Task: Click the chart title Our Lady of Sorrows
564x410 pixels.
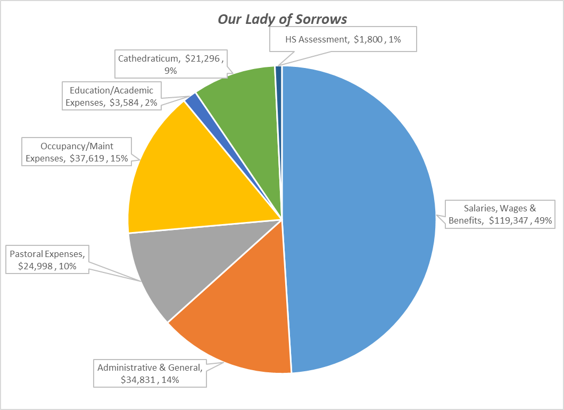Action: (x=282, y=20)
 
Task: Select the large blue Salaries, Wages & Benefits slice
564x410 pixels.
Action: (x=362, y=212)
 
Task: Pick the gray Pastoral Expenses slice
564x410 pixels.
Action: (x=165, y=266)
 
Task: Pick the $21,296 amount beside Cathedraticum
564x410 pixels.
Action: (x=205, y=57)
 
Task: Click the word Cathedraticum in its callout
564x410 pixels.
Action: (x=149, y=57)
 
